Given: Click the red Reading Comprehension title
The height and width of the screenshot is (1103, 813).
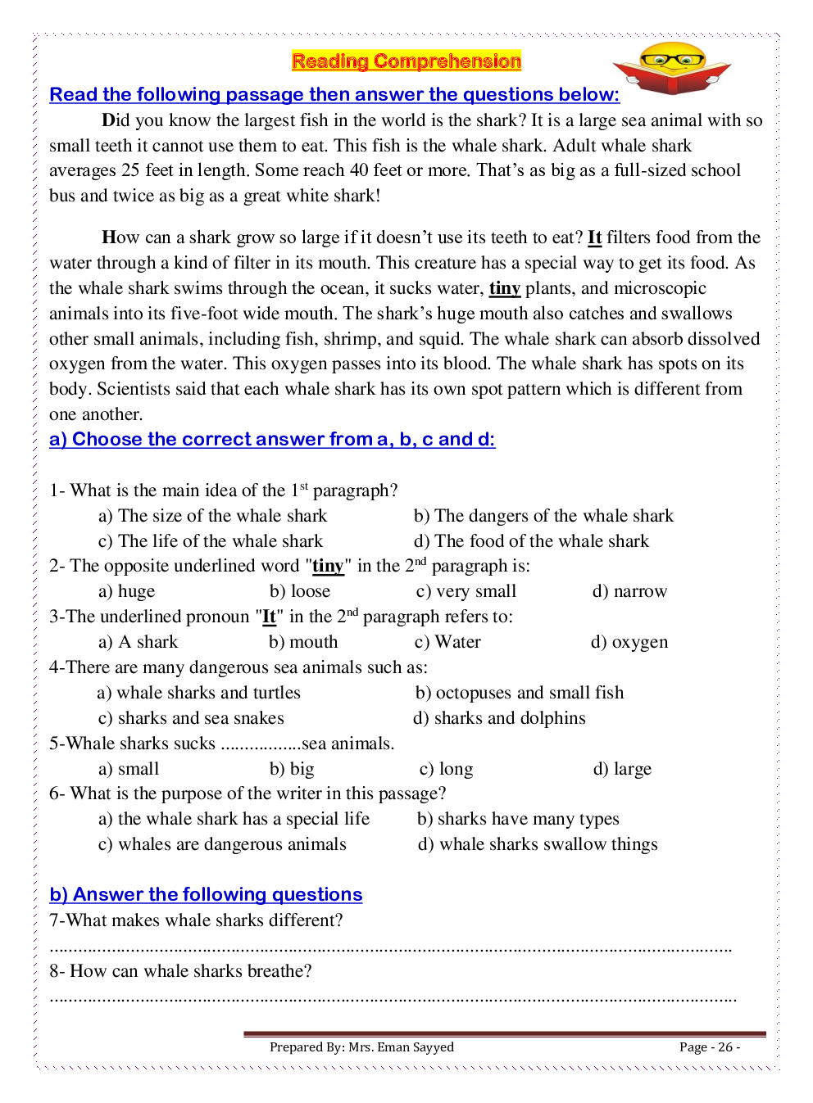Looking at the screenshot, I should click(x=406, y=61).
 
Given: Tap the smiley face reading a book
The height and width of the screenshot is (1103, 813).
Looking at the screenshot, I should click(x=671, y=67).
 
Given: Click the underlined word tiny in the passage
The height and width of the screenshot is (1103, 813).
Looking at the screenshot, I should click(x=505, y=288).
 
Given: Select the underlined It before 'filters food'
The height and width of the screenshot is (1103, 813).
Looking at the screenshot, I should click(x=595, y=237).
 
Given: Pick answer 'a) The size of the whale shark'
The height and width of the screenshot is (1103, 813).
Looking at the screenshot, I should click(x=212, y=516).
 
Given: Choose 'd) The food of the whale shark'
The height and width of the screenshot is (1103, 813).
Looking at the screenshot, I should click(x=531, y=541).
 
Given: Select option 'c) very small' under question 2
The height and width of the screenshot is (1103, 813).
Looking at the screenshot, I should click(x=466, y=591).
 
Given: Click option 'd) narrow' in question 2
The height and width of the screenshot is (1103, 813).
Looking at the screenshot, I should click(x=629, y=591).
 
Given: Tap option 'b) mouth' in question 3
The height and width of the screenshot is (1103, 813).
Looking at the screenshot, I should click(x=303, y=642).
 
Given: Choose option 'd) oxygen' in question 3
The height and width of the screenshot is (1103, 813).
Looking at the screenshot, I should click(x=629, y=642).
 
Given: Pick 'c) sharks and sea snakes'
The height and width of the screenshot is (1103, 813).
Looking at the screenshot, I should click(x=191, y=718).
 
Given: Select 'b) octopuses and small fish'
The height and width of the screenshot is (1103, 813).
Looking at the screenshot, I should click(x=520, y=693).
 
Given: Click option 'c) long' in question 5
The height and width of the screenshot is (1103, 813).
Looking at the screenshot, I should click(x=446, y=769).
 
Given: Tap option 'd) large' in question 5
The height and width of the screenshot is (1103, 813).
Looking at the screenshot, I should click(x=622, y=769).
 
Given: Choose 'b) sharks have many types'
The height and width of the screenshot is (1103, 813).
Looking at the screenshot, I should click(x=518, y=819).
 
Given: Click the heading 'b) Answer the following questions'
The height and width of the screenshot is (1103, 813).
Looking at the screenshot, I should click(x=206, y=894).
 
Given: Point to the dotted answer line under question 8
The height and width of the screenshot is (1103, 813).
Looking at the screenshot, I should click(x=393, y=999).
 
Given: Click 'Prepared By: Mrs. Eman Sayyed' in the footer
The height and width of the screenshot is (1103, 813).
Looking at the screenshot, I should click(x=361, y=1046).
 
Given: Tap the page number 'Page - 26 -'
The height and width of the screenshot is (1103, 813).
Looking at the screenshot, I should click(x=709, y=1046).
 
